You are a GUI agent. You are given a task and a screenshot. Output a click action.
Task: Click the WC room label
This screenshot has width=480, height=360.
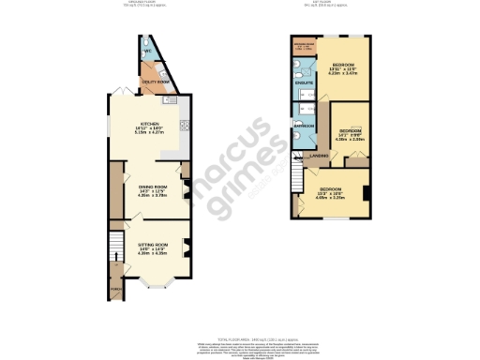point(147,50)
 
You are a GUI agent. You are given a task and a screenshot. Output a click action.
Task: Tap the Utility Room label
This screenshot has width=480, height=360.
point(155,82)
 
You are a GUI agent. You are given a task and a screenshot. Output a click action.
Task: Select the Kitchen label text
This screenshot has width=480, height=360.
point(149,123)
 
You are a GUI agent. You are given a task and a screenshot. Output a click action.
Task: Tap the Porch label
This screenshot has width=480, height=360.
point(116,289)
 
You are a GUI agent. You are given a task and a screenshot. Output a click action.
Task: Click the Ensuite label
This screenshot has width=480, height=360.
point(305,83)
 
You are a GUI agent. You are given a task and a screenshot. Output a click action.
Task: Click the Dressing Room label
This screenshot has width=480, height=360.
point(305,44)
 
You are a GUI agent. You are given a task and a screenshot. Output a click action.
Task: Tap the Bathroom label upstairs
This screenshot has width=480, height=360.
point(304,125)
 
